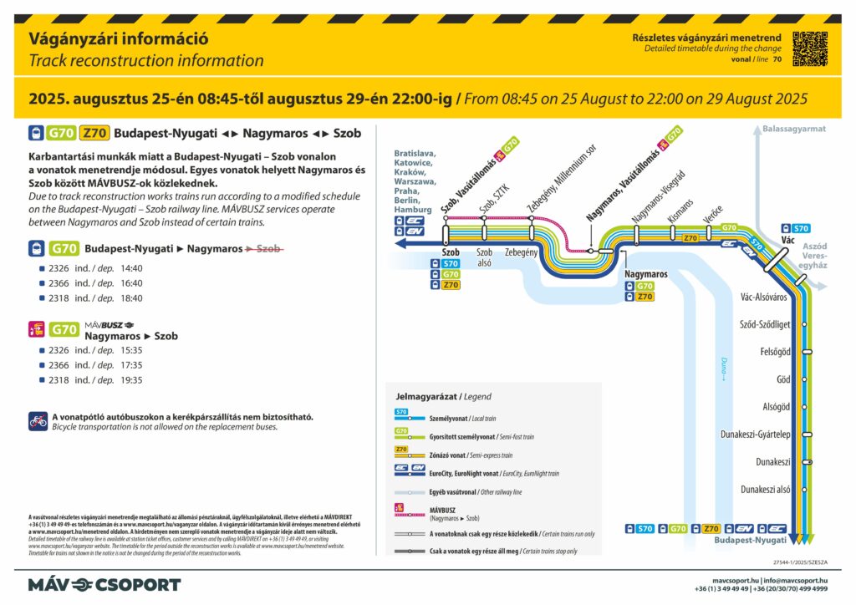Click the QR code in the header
click(809, 48)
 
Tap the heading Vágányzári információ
click(119, 38)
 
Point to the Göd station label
click(783, 379)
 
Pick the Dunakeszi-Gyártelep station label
click(756, 434)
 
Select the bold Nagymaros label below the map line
click(646, 273)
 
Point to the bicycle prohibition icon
click(38, 420)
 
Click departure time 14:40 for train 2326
click(132, 268)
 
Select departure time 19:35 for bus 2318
click(132, 379)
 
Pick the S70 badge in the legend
click(402, 412)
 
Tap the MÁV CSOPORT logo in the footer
click(104, 584)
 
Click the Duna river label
click(724, 368)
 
